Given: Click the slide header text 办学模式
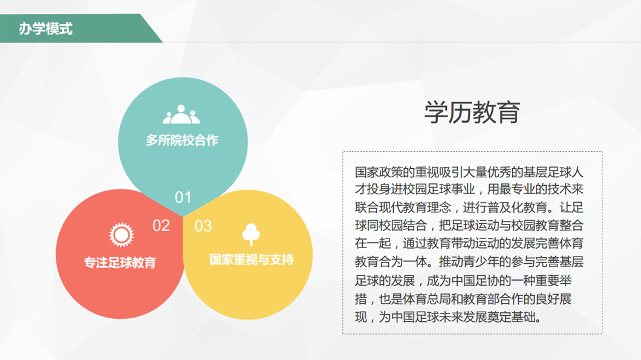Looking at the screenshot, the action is click(46, 28).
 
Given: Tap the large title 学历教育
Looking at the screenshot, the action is click(472, 112).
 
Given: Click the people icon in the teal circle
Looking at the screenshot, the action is click(181, 114).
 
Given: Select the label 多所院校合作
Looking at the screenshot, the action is click(183, 140).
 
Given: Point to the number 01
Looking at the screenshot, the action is click(183, 198).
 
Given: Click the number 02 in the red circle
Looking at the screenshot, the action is click(161, 226).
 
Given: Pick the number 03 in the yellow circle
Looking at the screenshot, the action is click(203, 226).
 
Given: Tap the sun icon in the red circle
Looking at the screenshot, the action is click(122, 235).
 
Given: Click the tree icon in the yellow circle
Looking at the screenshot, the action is click(251, 234).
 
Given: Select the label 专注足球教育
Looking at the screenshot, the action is click(120, 262).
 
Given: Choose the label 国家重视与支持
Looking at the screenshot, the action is click(252, 260).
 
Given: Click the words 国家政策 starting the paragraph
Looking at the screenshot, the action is click(379, 172).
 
